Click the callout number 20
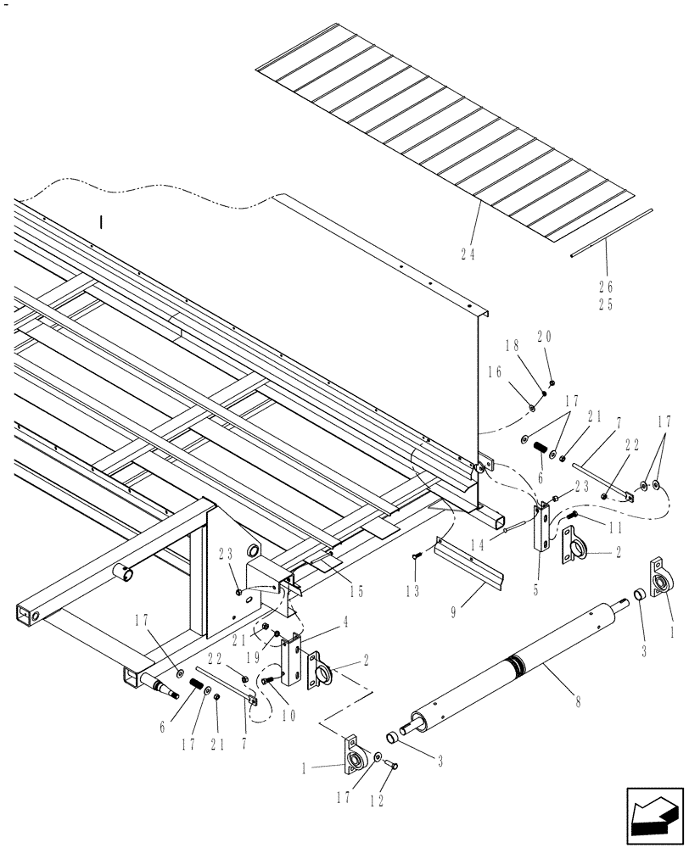coord(544,337)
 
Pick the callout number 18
coord(512,346)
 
